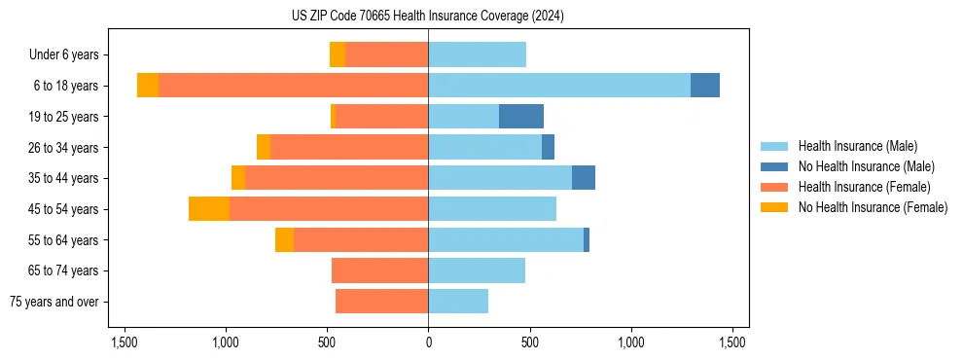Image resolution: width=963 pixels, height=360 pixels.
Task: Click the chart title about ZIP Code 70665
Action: click(x=427, y=17)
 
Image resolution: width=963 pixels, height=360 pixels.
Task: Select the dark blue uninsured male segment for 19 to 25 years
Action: click(x=521, y=117)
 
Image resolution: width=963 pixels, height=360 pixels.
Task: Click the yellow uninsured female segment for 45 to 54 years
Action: click(x=209, y=209)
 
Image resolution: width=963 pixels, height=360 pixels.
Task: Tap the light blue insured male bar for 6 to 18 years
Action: click(x=559, y=86)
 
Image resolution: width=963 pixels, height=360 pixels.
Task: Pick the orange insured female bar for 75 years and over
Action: click(x=382, y=302)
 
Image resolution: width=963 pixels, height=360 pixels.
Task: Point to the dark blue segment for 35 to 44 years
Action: click(x=584, y=178)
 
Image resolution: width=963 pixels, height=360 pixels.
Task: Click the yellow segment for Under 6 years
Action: click(x=338, y=54)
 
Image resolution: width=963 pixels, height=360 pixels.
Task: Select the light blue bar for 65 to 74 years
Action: click(x=477, y=270)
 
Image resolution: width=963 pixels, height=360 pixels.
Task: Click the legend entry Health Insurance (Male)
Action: click(x=857, y=146)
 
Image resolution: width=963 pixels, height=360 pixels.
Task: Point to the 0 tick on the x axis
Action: click(x=428, y=342)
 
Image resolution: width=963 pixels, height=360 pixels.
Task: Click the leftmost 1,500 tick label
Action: click(x=125, y=342)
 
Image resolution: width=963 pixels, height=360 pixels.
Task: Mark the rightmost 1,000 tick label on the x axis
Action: click(x=631, y=342)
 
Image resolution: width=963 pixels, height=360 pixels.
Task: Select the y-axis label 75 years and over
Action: click(x=54, y=302)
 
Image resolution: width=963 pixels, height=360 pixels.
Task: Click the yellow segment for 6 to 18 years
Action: click(x=148, y=86)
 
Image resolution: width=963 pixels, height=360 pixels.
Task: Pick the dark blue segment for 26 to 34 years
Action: click(x=548, y=147)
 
